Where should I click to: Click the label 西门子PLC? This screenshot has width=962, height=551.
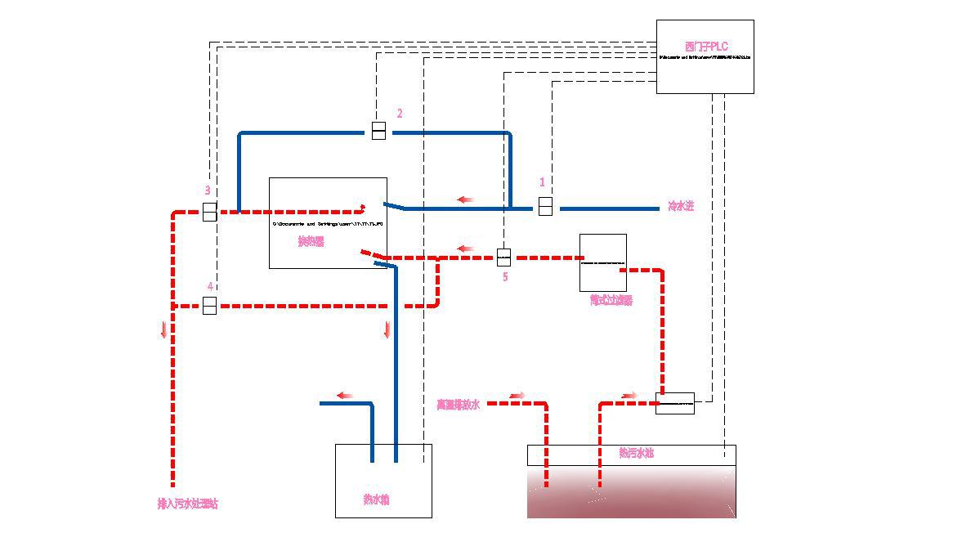(706, 47)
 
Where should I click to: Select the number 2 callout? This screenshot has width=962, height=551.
(400, 114)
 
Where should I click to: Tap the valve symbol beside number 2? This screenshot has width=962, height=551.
(378, 130)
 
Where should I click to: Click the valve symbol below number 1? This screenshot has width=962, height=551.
(545, 206)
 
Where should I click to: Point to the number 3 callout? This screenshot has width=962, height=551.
(208, 190)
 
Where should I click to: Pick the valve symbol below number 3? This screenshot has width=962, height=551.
(209, 212)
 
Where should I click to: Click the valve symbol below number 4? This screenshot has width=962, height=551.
(209, 306)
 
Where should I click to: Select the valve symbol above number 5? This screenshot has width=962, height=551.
(503, 258)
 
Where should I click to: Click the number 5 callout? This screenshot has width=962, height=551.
(505, 277)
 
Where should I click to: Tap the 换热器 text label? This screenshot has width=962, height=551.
(311, 241)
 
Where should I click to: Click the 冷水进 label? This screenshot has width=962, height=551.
(681, 206)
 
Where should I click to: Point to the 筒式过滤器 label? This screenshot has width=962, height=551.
(611, 300)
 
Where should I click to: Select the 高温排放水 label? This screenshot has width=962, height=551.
(458, 404)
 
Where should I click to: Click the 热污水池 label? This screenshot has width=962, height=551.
(636, 452)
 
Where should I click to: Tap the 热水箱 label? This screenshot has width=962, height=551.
(376, 499)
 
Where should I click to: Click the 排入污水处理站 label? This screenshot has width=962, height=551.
(188, 504)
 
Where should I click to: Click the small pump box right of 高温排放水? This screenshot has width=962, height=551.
(675, 403)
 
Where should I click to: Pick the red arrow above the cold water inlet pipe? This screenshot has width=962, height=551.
(466, 199)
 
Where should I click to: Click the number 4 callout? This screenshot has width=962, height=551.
(210, 287)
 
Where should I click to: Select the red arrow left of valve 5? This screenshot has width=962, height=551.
(466, 249)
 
